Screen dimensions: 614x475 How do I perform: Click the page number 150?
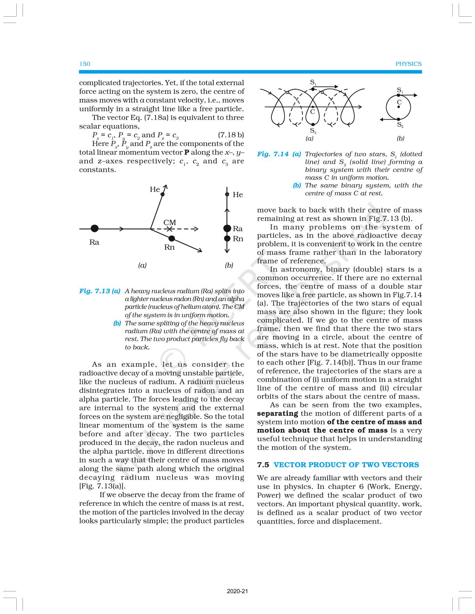pos(85,64)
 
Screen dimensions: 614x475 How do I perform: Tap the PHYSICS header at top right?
pos(408,64)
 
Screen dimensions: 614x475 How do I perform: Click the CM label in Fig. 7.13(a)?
pos(169,223)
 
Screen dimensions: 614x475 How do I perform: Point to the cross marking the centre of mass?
pos(169,229)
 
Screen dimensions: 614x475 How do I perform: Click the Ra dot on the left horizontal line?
pos(94,228)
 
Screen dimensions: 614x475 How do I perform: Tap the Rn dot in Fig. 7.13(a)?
pos(172,239)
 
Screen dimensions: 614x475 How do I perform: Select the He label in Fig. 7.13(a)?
pos(155,189)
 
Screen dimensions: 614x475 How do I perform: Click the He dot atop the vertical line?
pos(227,194)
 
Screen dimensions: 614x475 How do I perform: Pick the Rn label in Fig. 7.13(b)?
pos(238,239)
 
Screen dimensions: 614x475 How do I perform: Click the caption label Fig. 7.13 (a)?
pos(100,291)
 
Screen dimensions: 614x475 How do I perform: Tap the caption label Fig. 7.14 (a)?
pos(279,154)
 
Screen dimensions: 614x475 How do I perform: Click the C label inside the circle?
pos(399,102)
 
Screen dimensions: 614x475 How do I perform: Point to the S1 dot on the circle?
pos(399,95)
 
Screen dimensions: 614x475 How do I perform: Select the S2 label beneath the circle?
pos(400,125)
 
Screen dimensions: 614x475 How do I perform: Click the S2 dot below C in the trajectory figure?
pos(313,124)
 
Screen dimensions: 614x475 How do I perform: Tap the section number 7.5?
pos(263,465)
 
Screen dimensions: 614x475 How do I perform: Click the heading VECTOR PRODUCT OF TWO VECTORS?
pos(346,465)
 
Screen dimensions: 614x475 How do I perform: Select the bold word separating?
pos(277,413)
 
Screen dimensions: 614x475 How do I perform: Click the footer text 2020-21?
pos(237,591)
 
